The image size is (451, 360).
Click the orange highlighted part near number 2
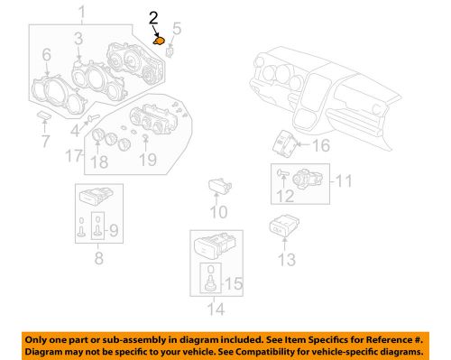tap(160, 39)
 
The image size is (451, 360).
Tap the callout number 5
tap(177, 30)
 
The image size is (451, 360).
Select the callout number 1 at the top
tap(82, 12)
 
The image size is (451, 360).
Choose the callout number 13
tap(286, 261)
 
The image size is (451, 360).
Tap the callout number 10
tap(218, 213)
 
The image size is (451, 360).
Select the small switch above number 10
tap(218, 184)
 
